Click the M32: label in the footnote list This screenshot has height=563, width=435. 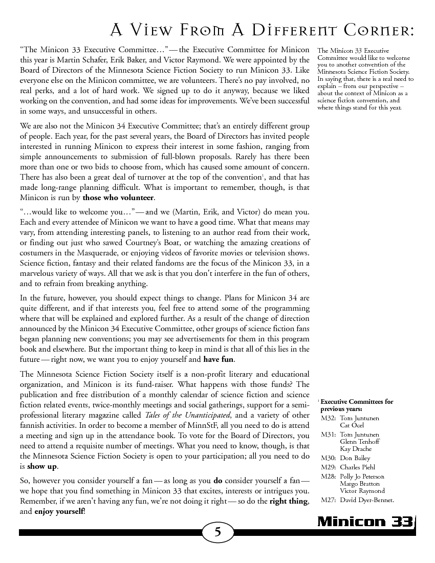pyautogui.click(x=328, y=418)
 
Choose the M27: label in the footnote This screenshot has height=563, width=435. pyautogui.click(x=328, y=500)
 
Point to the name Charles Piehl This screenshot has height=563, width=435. pyautogui.click(x=357, y=467)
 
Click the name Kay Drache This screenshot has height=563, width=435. pyautogui.click(x=356, y=449)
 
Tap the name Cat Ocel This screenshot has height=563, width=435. pyautogui.click(x=352, y=425)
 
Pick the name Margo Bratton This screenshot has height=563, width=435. pyautogui.click(x=359, y=483)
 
